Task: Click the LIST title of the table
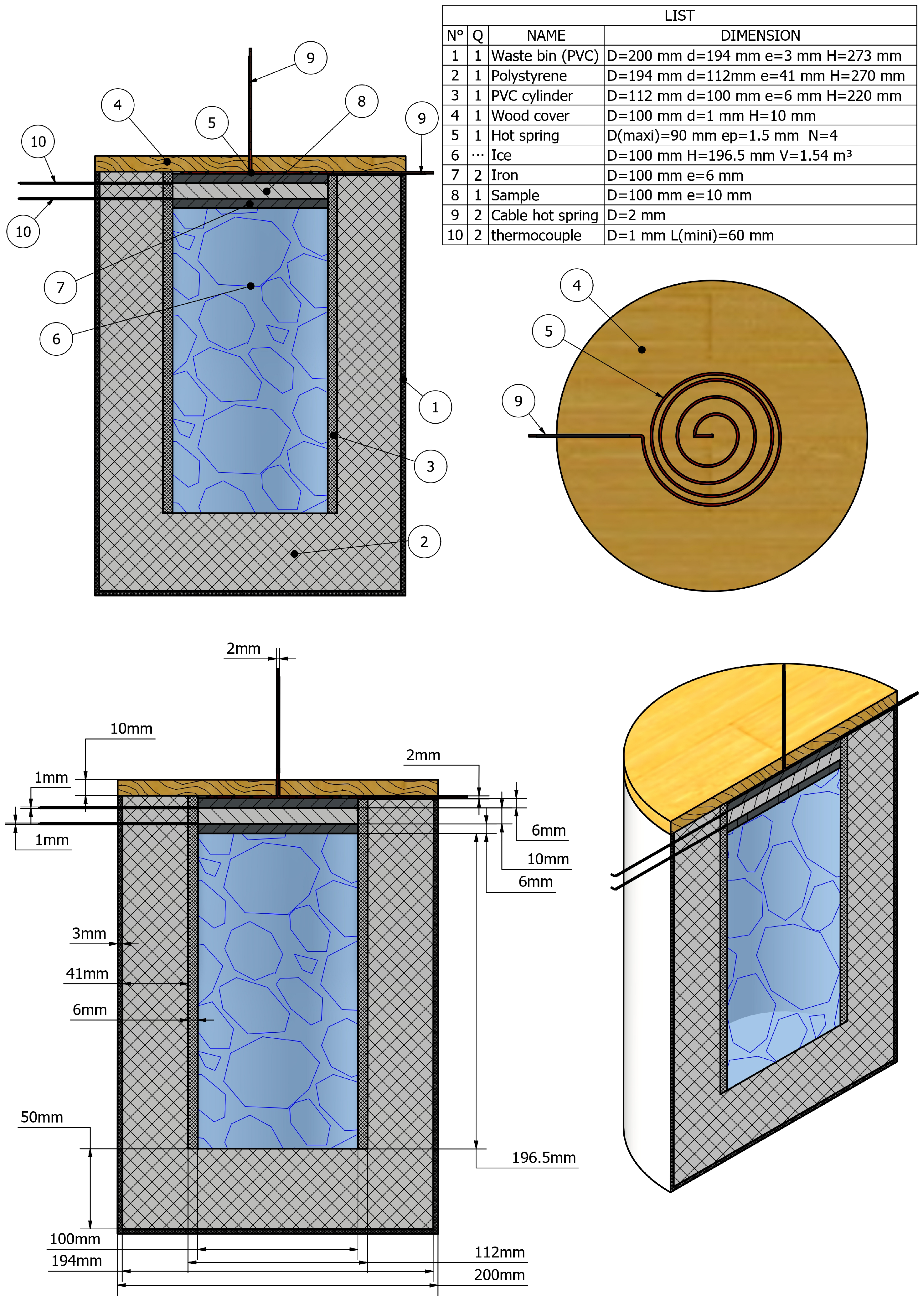pos(679,15)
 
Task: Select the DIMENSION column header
pos(760,35)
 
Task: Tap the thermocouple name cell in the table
pos(536,235)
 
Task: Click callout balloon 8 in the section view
pos(362,101)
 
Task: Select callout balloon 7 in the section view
pos(60,287)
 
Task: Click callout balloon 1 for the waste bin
pos(435,407)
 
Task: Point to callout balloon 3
pos(430,466)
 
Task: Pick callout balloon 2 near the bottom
pos(424,542)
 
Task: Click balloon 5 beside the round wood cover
pos(549,331)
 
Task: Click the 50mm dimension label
pos(42,1117)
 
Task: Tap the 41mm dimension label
pos(87,973)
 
